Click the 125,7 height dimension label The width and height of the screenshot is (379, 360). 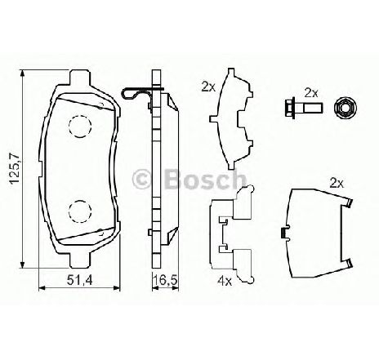pos(14,169)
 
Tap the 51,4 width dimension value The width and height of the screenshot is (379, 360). pos(80,280)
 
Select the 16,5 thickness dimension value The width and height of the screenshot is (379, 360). pos(165,280)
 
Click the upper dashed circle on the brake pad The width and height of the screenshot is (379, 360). pos(80,126)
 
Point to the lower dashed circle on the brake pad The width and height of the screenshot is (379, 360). pos(80,211)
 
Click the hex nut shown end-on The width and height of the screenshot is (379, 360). pos(346,109)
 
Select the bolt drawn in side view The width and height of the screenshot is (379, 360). pos(303,109)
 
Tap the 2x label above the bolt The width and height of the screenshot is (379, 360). pos(311,93)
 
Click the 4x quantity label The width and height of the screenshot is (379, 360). pos(225,281)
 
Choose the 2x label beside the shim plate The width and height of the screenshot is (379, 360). pos(208,87)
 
